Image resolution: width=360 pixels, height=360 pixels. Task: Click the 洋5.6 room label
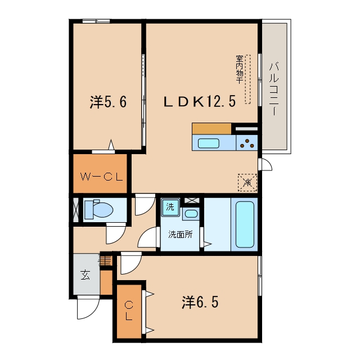pos(108,102)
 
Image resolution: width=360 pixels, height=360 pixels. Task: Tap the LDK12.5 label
pos(200,101)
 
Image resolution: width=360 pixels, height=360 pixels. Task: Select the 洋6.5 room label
pos(200,302)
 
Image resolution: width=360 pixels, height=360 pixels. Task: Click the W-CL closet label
pos(101,177)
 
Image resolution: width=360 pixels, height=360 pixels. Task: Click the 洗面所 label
pos(180,235)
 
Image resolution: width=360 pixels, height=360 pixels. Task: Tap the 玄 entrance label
pos(85,275)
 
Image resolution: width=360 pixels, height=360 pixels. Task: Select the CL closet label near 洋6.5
pos(129,311)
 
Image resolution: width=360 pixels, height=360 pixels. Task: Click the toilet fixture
pos(99,209)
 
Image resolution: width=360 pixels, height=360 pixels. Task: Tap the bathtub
pos(245,224)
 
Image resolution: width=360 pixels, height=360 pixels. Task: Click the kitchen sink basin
pos(209,143)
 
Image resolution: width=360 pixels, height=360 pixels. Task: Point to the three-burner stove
pos(247,143)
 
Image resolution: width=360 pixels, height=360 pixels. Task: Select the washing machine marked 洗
pos(170,208)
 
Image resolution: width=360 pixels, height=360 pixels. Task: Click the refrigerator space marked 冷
pos(247,182)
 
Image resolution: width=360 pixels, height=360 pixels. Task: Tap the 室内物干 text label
pos(239,69)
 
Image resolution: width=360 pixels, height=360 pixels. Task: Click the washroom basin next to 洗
pos(191,214)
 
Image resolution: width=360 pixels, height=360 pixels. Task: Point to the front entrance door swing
pos(88,308)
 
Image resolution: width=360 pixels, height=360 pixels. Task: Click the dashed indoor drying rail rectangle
pos(247,79)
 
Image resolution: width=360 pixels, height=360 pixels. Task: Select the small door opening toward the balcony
pos(265,164)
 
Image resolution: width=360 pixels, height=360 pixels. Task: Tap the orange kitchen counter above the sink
pos(211,129)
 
